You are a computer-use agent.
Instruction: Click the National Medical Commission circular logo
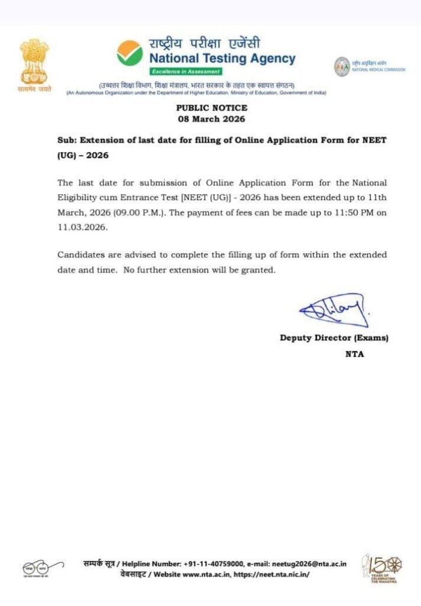[x=342, y=66]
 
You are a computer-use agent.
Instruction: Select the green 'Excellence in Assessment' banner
[x=186, y=72]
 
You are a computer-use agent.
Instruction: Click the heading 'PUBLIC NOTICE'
[x=212, y=108]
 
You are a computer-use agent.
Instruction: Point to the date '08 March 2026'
[x=212, y=118]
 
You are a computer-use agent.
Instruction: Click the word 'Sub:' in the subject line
[x=66, y=141]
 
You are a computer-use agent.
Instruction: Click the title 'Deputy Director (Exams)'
[x=334, y=338]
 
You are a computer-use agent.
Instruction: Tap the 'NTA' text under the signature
[x=355, y=354]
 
